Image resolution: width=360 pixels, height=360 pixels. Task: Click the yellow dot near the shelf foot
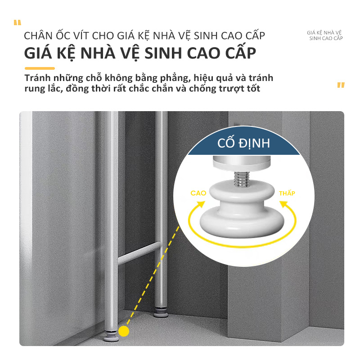tap(124, 331)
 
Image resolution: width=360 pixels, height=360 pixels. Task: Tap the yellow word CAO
tap(198, 193)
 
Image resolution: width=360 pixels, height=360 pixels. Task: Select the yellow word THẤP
tap(287, 193)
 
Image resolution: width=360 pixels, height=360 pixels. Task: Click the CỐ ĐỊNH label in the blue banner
tap(243, 143)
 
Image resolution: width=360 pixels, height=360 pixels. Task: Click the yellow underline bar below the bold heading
tap(40, 68)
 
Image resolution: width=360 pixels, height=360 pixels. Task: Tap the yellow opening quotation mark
tap(18, 22)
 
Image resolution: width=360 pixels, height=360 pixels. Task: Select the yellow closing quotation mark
tap(341, 85)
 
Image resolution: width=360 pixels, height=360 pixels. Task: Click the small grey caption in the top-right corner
tap(325, 36)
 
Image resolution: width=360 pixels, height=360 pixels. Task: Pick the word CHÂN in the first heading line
tap(38, 36)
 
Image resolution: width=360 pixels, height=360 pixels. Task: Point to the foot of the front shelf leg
tap(111, 336)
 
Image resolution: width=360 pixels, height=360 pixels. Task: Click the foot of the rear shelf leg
tap(161, 312)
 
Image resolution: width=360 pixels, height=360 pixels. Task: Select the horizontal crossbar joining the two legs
tap(139, 253)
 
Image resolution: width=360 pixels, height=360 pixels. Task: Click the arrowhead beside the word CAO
tap(201, 204)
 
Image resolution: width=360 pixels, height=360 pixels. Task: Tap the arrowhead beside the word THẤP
tap(283, 204)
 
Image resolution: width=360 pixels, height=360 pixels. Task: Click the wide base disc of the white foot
tap(242, 222)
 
